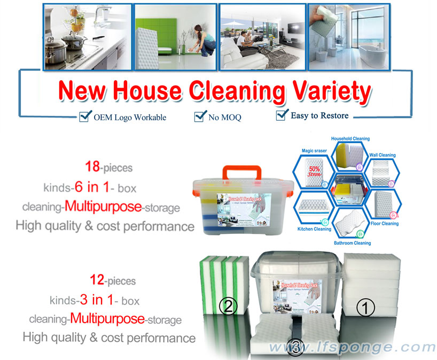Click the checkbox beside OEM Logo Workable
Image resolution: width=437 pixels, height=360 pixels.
pos(84,116)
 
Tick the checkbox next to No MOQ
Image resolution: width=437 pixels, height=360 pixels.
pos(200,116)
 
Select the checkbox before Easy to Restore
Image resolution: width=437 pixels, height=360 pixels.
pos(282,115)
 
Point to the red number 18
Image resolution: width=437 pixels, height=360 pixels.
pos(93,168)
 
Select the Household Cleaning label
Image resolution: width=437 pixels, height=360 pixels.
pos(350,139)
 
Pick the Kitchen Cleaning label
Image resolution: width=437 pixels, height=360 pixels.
pos(314,229)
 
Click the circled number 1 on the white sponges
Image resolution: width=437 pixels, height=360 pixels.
pos(368,307)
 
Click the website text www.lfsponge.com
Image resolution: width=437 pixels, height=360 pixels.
pos(352,348)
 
